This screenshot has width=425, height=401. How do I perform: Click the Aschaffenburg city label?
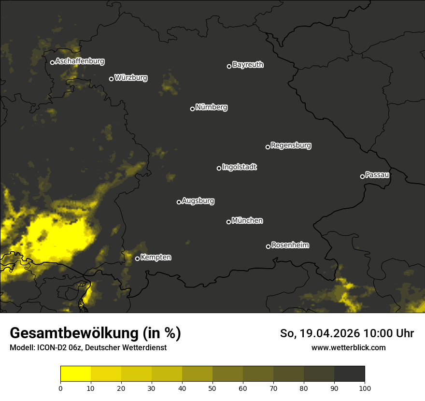80,61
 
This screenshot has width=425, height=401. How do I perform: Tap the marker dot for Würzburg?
111,79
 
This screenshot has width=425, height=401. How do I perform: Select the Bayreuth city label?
248,65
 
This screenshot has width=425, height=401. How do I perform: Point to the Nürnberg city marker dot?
192,109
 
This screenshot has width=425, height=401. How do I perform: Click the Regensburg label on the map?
291,145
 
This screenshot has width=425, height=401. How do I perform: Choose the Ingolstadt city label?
240,167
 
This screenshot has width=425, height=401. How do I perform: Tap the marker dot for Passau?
362,176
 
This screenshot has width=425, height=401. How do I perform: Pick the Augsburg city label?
198,201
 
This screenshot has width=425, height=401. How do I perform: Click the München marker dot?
228,222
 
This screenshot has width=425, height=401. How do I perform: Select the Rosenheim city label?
290,245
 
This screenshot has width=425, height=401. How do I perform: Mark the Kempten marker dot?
137,258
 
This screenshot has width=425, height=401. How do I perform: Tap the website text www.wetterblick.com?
348,347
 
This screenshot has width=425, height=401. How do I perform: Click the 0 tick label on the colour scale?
60,388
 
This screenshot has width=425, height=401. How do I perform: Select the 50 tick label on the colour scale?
212,388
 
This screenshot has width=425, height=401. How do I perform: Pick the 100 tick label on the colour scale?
365,388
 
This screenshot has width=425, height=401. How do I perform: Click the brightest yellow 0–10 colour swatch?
75,373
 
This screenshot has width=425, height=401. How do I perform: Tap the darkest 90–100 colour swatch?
349,373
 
